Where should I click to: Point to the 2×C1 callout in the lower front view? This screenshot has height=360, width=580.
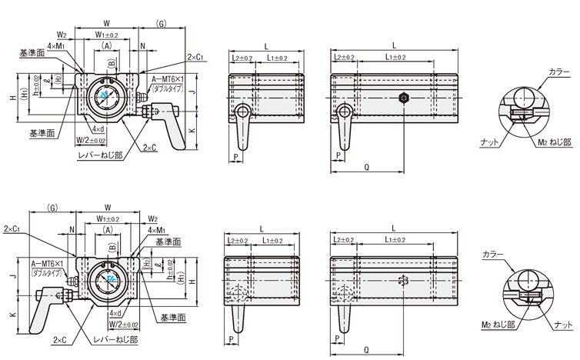pos(12,229)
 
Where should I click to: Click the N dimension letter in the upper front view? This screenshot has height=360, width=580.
pos(143,46)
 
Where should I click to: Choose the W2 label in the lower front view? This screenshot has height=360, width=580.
pos(152,218)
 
